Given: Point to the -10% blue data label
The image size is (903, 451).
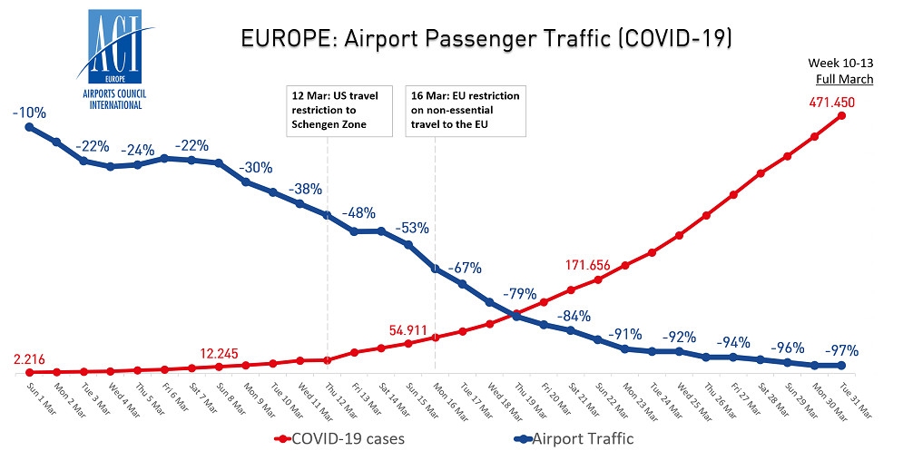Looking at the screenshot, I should click(x=28, y=112).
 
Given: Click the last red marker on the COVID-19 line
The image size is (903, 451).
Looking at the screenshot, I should click(x=842, y=116).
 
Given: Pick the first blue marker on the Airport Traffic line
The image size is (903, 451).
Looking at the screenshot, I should click(x=28, y=127).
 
